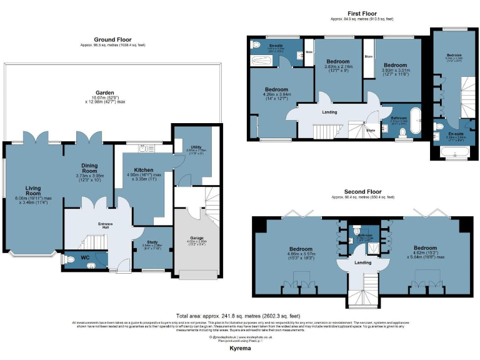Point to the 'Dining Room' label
(89, 167)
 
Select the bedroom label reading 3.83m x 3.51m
(395, 65)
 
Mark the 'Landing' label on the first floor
(329, 112)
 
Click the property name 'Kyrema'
(240, 348)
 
